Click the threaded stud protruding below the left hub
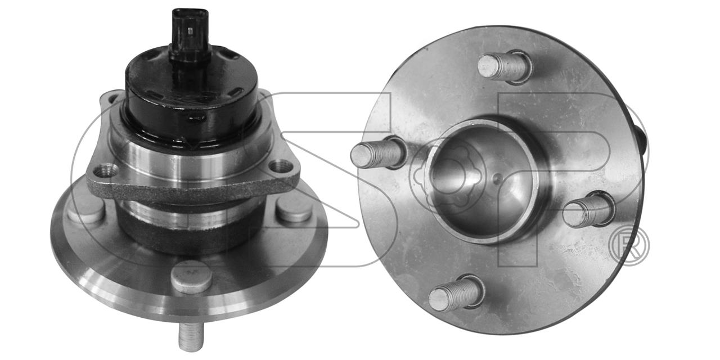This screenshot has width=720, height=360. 191,337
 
